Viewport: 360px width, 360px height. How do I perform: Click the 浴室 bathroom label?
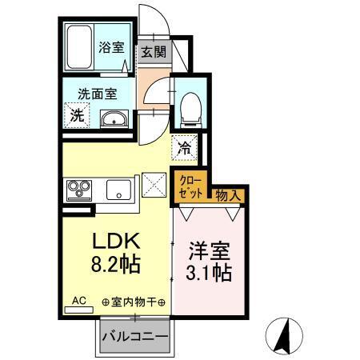[x=111, y=47]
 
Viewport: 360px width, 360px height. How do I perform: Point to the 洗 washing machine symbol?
[x=77, y=114]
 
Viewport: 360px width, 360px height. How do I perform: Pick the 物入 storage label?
[x=226, y=194]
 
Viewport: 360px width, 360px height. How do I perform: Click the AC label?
[x=78, y=301]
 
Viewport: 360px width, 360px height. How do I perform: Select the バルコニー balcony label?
[x=134, y=337]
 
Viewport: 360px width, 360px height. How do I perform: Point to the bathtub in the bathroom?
[x=79, y=47]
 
